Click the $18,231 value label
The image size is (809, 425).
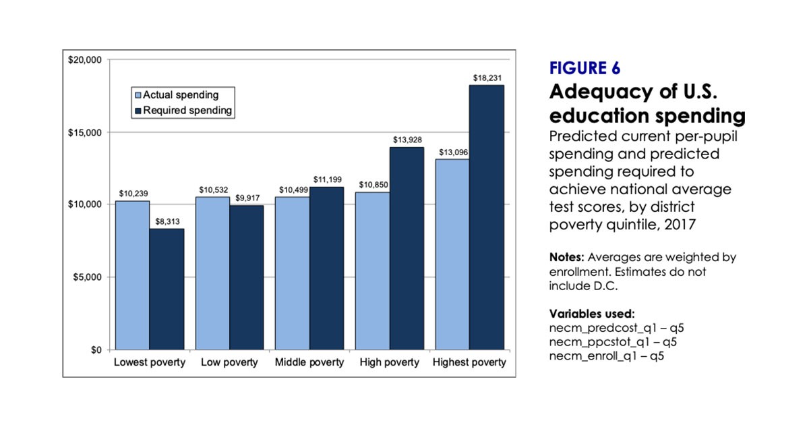coord(486,78)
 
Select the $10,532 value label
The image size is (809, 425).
coord(212,190)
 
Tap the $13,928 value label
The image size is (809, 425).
coord(407,140)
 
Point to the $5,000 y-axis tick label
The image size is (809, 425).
coord(87,277)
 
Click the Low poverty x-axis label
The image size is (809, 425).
coord(229,363)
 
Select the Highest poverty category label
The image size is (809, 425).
coord(469,363)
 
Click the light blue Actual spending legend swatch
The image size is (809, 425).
coord(138,95)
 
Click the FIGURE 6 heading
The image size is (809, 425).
coord(585,69)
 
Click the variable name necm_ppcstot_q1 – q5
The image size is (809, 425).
coord(613,343)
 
